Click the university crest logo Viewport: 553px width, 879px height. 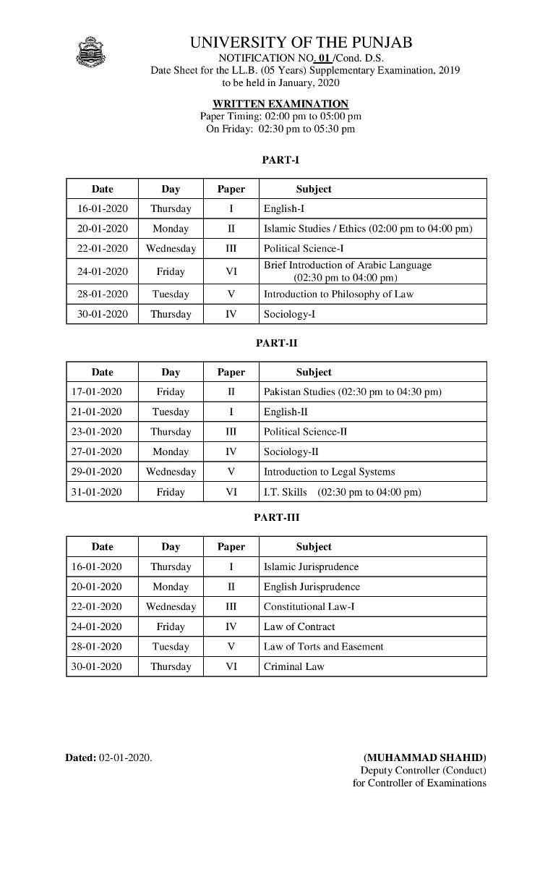click(90, 51)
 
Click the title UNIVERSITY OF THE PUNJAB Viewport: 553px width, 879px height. click(301, 43)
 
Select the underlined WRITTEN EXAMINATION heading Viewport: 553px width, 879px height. click(280, 103)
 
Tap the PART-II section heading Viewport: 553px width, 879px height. click(276, 344)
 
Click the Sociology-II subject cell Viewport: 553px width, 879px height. click(291, 451)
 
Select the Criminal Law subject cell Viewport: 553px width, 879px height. click(293, 666)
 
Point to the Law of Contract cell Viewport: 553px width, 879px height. click(299, 627)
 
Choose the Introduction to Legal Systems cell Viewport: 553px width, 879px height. click(329, 472)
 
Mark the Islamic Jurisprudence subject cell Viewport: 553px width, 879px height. click(311, 566)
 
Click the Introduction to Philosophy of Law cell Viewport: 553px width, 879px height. click(338, 294)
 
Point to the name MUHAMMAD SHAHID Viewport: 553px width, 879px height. click(424, 757)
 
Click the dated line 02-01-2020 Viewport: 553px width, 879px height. click(108, 757)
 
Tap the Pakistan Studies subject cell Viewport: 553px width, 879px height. click(352, 391)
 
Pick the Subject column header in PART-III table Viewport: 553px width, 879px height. click(314, 547)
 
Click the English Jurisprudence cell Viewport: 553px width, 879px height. click(312, 587)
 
